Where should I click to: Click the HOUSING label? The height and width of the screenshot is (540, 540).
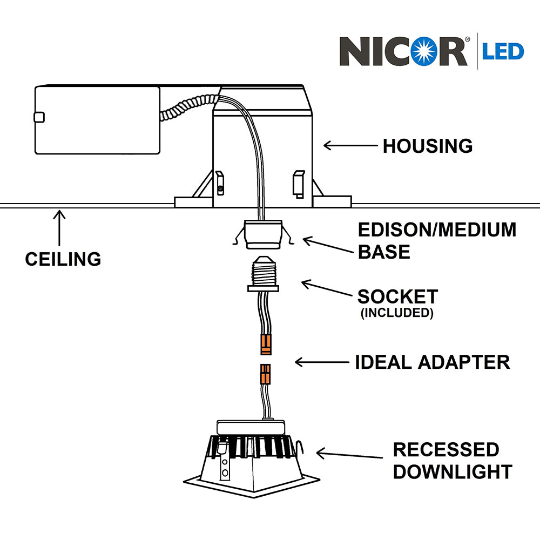tap(428, 146)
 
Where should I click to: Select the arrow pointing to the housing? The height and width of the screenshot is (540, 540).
tap(349, 145)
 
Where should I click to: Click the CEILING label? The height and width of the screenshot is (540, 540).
tap(63, 259)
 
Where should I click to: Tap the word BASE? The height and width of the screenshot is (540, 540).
tap(383, 252)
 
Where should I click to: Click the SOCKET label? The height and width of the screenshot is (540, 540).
tap(397, 296)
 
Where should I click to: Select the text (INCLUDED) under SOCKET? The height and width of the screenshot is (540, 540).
tap(397, 313)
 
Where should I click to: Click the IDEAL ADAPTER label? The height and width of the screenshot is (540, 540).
tap(432, 362)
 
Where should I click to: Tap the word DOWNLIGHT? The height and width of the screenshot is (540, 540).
tap(452, 471)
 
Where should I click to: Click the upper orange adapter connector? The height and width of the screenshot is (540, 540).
tap(266, 345)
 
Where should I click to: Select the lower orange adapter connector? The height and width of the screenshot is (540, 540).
tap(265, 374)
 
